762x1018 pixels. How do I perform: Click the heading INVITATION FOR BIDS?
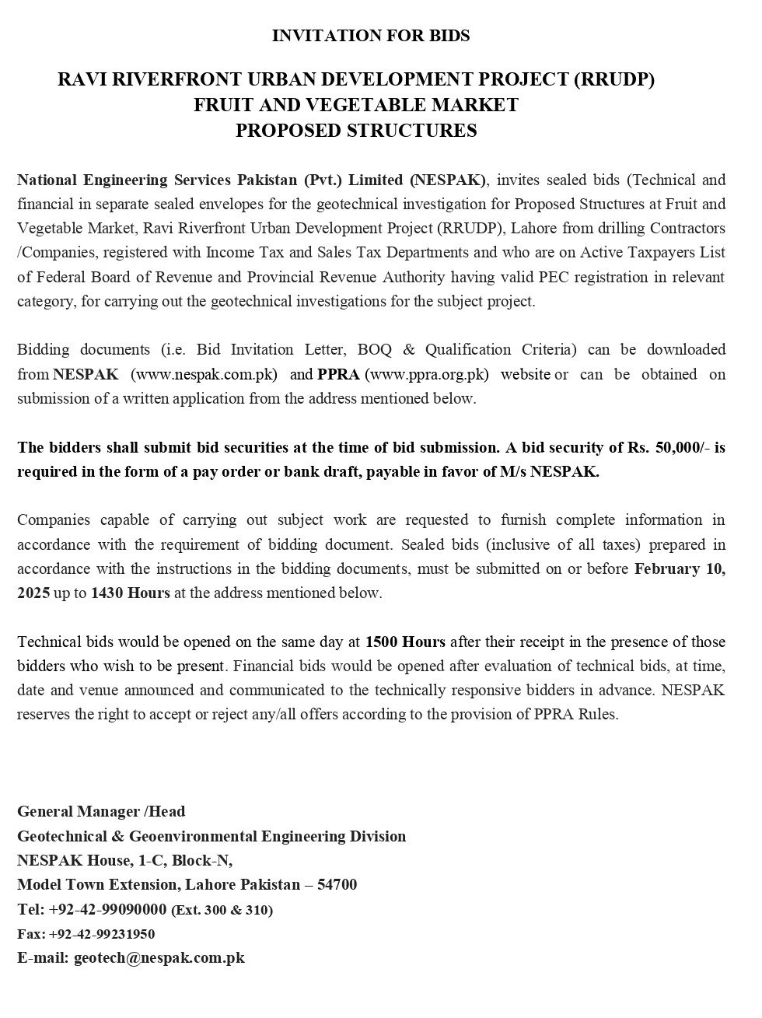pos(371,36)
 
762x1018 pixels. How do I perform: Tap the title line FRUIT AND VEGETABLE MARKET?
pos(356,105)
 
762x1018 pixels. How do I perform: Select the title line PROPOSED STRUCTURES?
pos(356,131)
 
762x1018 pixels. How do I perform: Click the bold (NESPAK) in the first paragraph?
pos(448,180)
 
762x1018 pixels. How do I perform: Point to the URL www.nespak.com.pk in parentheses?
pos(204,374)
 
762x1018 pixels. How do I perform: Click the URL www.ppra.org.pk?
pos(427,374)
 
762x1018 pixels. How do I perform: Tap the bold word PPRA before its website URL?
pos(338,374)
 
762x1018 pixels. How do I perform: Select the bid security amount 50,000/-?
pos(682,447)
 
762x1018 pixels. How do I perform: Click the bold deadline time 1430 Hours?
pos(131,593)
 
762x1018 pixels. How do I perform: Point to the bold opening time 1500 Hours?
pos(405,642)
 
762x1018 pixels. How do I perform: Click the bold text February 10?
pos(680,568)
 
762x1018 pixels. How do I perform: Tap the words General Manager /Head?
pos(101,811)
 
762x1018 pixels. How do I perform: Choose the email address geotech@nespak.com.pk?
pos(159,957)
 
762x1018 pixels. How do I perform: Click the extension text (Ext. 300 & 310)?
pos(222,910)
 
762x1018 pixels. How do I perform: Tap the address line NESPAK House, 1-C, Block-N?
pos(124,860)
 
